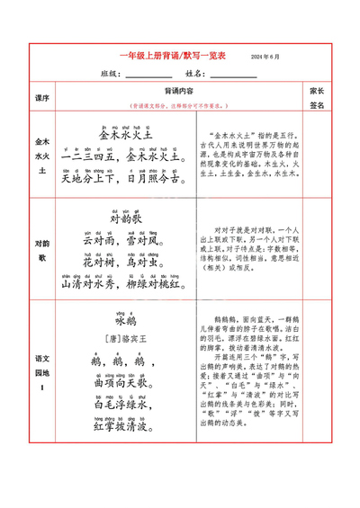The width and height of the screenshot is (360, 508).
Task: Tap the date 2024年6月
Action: (265, 57)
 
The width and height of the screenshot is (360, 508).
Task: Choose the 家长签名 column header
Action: (317, 97)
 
